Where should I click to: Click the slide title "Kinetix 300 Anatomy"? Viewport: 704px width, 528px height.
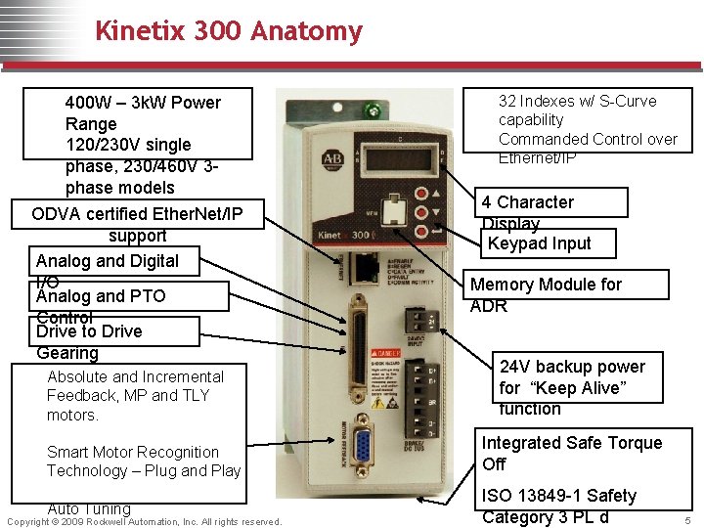click(228, 31)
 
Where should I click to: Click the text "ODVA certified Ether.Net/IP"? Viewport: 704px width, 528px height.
click(137, 214)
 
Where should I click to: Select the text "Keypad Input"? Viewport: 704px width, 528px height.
click(539, 243)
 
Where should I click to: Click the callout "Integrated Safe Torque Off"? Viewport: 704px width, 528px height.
click(572, 453)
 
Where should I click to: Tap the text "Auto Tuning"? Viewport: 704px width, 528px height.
click(89, 508)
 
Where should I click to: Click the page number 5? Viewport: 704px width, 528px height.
click(688, 520)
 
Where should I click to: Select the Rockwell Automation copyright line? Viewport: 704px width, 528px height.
click(144, 522)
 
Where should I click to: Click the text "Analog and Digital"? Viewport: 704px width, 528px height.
click(108, 261)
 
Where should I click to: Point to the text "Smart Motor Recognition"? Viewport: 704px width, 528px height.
click(133, 452)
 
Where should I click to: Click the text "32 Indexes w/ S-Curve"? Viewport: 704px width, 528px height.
click(577, 101)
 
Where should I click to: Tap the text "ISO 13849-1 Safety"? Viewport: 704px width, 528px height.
click(559, 496)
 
